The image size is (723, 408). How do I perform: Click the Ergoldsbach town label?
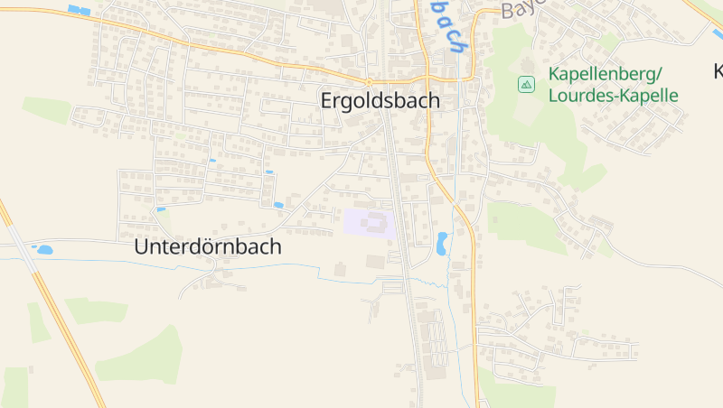380,101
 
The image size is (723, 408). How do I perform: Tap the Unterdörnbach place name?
208,246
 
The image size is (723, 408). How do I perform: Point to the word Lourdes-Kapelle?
614,95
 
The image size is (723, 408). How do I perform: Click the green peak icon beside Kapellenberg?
526,84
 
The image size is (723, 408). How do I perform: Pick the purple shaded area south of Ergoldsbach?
369,223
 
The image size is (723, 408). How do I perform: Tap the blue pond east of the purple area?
442,243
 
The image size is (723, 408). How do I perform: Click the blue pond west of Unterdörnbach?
42,249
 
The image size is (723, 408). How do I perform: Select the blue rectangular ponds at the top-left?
80,11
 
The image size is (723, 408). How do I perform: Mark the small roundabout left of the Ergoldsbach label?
369,81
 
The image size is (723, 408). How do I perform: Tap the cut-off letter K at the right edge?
718,71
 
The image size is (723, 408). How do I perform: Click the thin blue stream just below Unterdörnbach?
271,266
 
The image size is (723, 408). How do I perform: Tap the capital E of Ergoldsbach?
327,101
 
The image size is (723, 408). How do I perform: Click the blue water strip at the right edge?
718,35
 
